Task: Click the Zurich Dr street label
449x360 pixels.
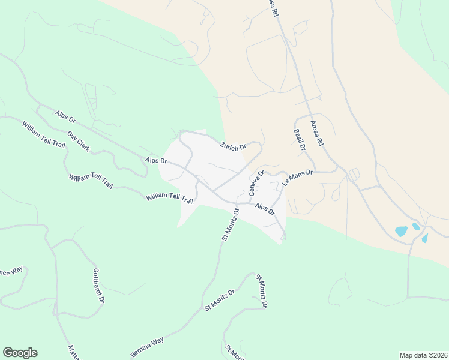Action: [x=233, y=146]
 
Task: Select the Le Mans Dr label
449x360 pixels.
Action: [x=298, y=178]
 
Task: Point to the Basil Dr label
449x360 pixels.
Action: [x=300, y=139]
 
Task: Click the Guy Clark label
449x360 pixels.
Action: [x=79, y=142]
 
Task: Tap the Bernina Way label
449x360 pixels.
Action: [x=147, y=347]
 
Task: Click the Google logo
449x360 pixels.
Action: [x=20, y=353]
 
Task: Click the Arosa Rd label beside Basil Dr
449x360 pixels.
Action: [x=316, y=134]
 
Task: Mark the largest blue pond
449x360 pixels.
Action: [x=401, y=231]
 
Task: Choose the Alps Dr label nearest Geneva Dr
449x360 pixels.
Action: [x=264, y=210]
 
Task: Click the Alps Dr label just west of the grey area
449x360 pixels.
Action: [x=156, y=161]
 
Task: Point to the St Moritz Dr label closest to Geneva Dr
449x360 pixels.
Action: [x=231, y=224]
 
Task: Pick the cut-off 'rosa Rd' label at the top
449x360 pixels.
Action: [x=274, y=8]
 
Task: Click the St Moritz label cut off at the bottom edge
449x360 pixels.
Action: [x=235, y=353]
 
